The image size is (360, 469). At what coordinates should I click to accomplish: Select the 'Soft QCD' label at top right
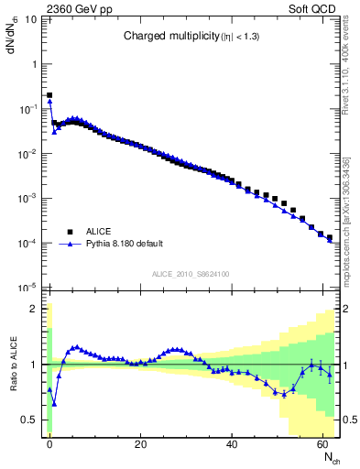coord(316,8)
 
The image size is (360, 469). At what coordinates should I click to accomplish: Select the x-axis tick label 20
coord(140,443)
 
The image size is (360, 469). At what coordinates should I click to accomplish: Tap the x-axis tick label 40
coord(232,443)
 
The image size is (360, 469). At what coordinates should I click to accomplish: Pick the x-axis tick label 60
coord(322,443)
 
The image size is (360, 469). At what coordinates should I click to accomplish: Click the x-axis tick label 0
coord(49,443)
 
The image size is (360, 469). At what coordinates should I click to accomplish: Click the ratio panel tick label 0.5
coord(28,420)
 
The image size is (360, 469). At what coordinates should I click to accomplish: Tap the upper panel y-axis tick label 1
coord(34,64)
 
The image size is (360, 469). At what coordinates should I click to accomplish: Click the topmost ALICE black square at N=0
coord(49,94)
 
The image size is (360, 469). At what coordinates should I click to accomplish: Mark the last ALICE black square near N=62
coord(331,237)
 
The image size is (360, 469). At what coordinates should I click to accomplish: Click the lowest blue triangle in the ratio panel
coord(54,403)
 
